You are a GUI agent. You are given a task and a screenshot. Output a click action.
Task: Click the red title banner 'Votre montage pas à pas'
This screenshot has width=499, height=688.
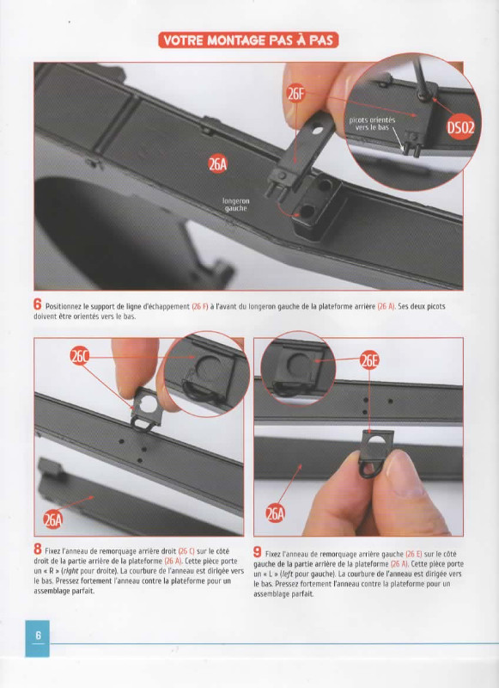[248, 40]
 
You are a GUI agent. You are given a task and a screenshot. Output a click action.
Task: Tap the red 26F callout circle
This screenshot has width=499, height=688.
[296, 93]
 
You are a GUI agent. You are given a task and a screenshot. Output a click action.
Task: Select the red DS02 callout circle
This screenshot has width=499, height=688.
[460, 127]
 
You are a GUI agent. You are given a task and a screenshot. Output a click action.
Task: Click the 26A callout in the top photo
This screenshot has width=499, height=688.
[218, 164]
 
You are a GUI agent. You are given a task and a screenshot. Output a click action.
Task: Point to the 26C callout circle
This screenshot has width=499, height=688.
[80, 357]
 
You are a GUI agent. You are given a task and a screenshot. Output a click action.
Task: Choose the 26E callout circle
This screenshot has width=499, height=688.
[369, 360]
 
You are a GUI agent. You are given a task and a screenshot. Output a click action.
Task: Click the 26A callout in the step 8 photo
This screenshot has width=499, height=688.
[52, 520]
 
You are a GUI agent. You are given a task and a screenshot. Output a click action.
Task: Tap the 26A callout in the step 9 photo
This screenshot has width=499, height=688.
[275, 513]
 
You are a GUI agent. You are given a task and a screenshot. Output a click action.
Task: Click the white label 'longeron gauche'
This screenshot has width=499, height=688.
[235, 205]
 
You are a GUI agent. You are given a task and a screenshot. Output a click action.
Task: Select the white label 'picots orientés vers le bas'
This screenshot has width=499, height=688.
[373, 123]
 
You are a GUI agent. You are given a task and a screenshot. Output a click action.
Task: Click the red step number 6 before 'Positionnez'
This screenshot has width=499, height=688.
[38, 304]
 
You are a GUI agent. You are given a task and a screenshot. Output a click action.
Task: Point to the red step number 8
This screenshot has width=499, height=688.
[38, 549]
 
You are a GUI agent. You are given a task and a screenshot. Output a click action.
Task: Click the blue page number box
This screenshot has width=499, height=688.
[38, 638]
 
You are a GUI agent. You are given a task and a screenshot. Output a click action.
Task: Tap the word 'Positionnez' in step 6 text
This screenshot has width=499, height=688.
[64, 306]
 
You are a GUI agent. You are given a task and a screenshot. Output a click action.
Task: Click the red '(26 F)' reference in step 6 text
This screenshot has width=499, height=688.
[200, 306]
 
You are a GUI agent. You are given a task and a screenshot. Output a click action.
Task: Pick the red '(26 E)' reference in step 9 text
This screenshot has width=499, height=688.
[414, 554]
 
